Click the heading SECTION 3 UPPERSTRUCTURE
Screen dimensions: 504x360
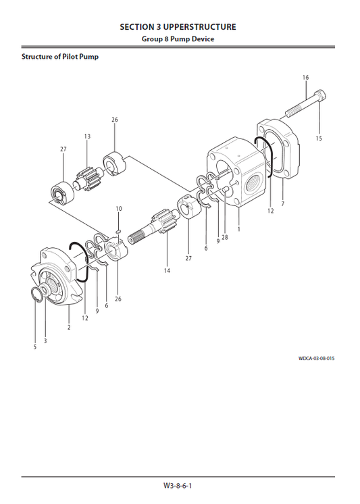[x=178, y=27]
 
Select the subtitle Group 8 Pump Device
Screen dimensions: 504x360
[x=178, y=39]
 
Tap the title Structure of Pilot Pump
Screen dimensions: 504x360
[x=60, y=57]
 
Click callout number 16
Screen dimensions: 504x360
[x=305, y=78]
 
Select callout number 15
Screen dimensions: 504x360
[x=319, y=138]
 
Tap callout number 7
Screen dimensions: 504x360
[x=282, y=203]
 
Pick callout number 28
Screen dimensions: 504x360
[x=224, y=237]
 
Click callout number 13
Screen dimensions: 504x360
[x=87, y=136]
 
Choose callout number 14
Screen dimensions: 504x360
[x=166, y=271]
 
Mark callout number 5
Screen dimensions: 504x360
[x=34, y=347]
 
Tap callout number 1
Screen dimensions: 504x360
[x=238, y=229]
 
